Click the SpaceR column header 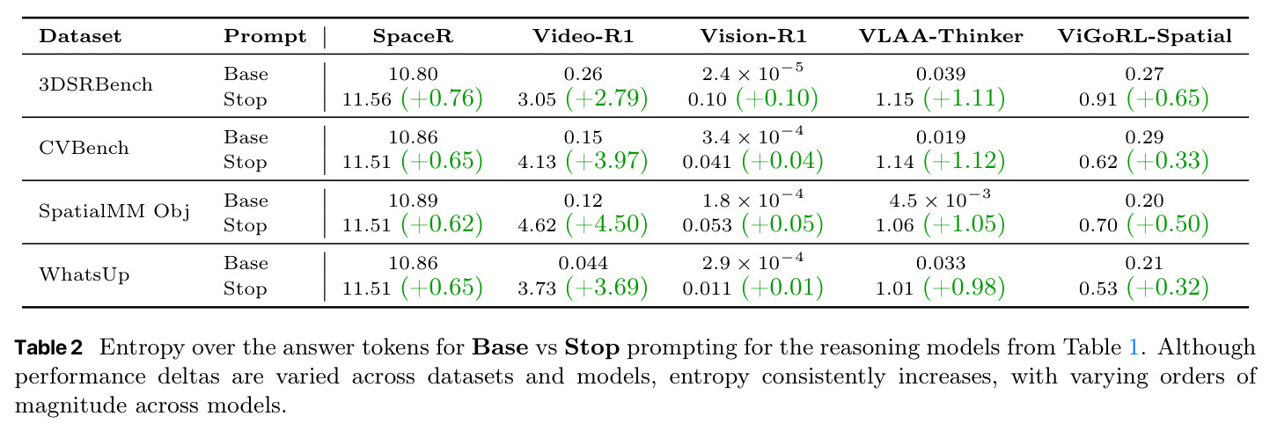413,36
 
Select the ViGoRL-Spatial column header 1145,36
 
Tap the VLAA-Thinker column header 941,36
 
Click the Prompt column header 265,37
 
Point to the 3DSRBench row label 96,85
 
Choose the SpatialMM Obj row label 114,212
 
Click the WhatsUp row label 84,274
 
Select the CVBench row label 84,149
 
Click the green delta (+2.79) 606,99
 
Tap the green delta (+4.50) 606,224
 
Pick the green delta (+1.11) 964,99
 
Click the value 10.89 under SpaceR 413,201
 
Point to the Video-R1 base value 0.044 583,263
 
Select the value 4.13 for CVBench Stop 537,163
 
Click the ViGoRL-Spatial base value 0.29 1144,137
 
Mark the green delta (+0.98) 964,288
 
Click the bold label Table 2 48,347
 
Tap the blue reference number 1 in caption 1134,347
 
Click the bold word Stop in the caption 592,347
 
